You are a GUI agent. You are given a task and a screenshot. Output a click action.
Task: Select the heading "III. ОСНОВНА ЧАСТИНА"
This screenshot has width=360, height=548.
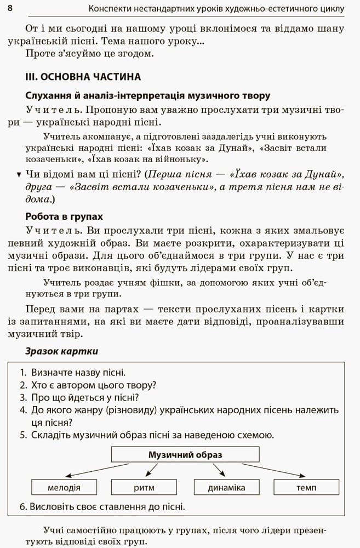[x=83, y=77]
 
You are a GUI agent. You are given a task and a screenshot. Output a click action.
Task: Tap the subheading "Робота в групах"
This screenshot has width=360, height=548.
[x=64, y=216]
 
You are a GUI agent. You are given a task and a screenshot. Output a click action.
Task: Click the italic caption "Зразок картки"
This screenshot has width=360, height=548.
[x=62, y=351]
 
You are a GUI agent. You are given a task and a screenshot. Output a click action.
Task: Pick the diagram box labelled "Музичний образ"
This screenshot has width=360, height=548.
[x=185, y=455]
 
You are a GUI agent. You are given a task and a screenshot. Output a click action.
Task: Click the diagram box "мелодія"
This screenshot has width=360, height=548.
[x=64, y=487]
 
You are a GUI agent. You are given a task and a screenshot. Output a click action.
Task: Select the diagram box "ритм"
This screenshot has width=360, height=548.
[x=144, y=487]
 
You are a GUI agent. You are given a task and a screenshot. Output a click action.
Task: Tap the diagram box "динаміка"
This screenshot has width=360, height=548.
[x=226, y=487]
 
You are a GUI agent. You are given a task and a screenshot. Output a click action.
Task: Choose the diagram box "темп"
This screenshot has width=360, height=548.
[x=306, y=487]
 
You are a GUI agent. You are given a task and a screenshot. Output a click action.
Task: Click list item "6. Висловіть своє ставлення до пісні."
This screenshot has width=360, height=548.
[x=102, y=506]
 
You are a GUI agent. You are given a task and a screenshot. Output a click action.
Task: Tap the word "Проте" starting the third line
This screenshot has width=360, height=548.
[x=38, y=54]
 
